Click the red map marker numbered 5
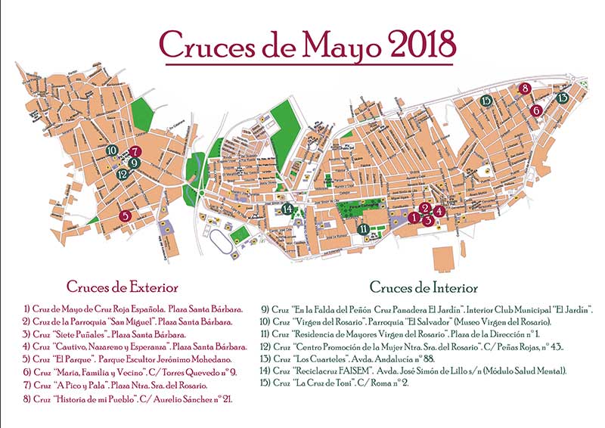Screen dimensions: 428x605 click(126, 216)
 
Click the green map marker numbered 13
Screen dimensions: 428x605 click(562, 98)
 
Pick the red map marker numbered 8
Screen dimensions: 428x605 click(525, 88)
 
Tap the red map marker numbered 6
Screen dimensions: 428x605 click(536, 110)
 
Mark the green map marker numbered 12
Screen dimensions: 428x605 click(122, 174)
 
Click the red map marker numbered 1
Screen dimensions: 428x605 click(413, 217)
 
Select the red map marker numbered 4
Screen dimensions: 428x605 click(439, 212)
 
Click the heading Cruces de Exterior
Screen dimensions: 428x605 click(122, 287)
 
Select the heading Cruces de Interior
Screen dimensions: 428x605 click(423, 287)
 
